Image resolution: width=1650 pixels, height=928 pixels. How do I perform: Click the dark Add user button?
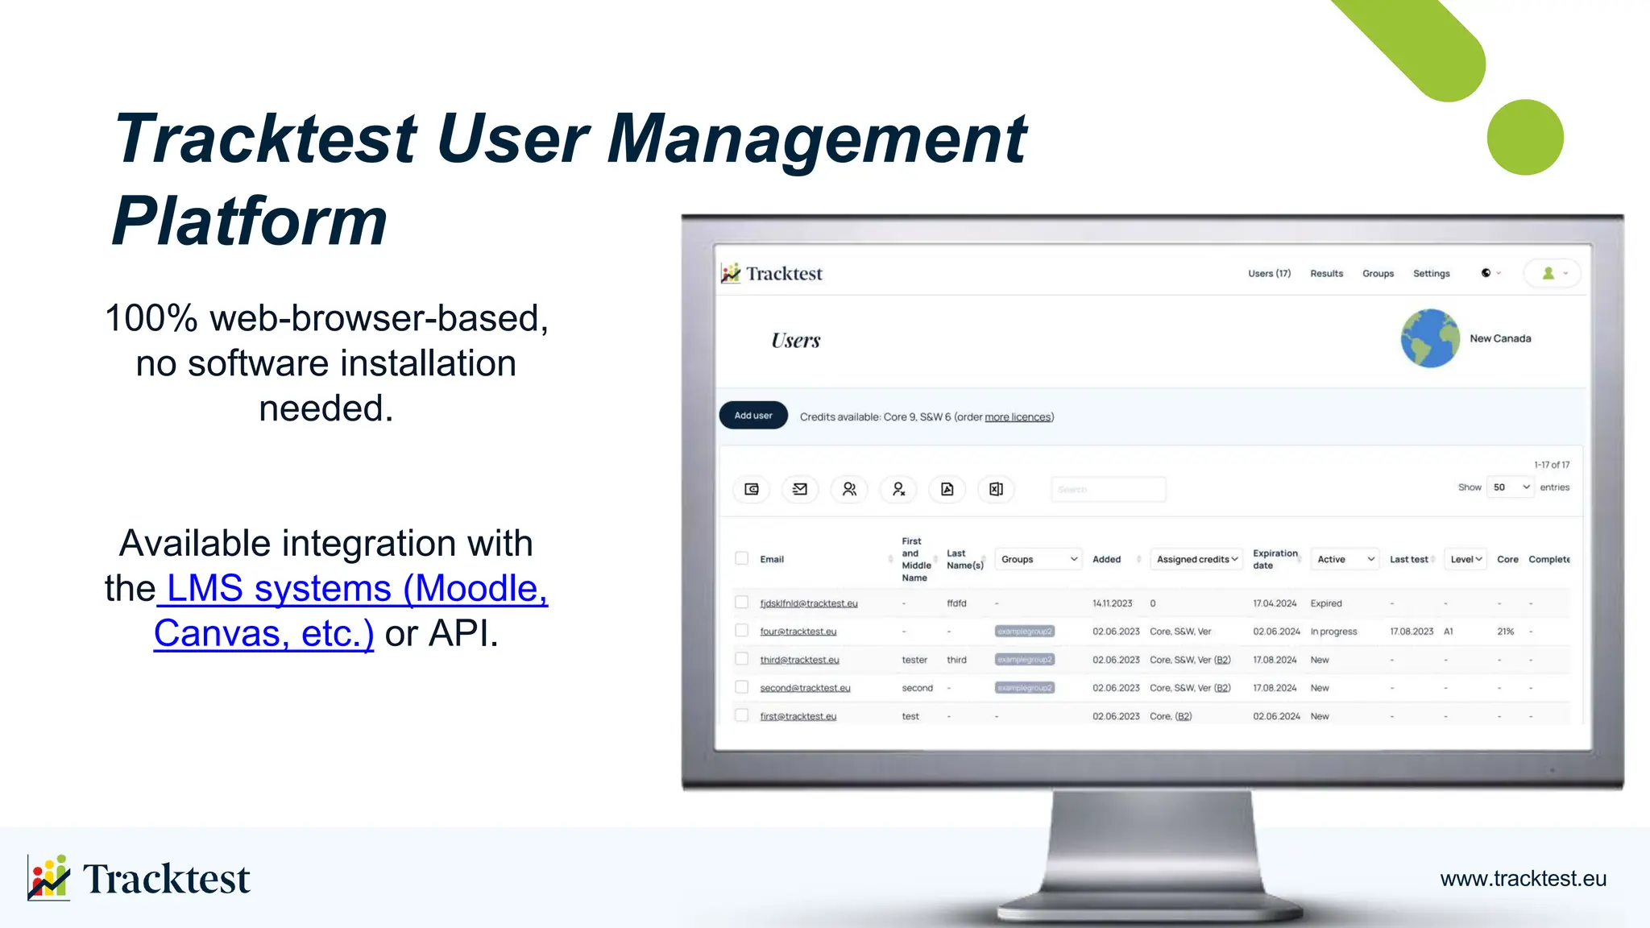tap(752, 416)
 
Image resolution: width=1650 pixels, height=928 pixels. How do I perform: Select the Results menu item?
tap(1326, 274)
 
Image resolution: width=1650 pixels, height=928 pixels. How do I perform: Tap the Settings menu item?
tap(1431, 274)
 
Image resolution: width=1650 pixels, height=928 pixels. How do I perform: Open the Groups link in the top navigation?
tap(1378, 274)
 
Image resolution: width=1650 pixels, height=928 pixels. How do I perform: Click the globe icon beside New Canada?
tap(1429, 338)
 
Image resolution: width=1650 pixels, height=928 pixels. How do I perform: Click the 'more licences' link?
tap(1018, 417)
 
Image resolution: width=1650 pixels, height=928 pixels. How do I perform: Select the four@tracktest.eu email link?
tap(798, 632)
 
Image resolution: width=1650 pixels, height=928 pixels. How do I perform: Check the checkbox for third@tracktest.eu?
tap(742, 659)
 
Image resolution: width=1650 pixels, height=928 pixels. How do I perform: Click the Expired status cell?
tap(1325, 603)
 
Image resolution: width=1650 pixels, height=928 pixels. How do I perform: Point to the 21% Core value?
tap(1505, 632)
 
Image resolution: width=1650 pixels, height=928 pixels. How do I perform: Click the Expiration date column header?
tap(1275, 559)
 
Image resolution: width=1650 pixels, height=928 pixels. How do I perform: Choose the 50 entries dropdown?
tap(1510, 487)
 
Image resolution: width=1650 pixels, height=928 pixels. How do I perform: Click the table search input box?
tap(1108, 489)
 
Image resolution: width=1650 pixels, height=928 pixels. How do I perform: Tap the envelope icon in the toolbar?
tap(800, 489)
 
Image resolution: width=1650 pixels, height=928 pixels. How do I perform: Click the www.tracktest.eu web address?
tap(1523, 878)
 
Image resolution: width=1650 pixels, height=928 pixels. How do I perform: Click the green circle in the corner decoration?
tap(1524, 137)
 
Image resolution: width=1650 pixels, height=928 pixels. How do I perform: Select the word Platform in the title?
tap(250, 221)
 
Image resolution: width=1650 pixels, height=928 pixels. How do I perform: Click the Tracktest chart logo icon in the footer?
tap(49, 877)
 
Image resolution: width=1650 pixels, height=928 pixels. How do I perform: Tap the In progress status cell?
tap(1333, 632)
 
